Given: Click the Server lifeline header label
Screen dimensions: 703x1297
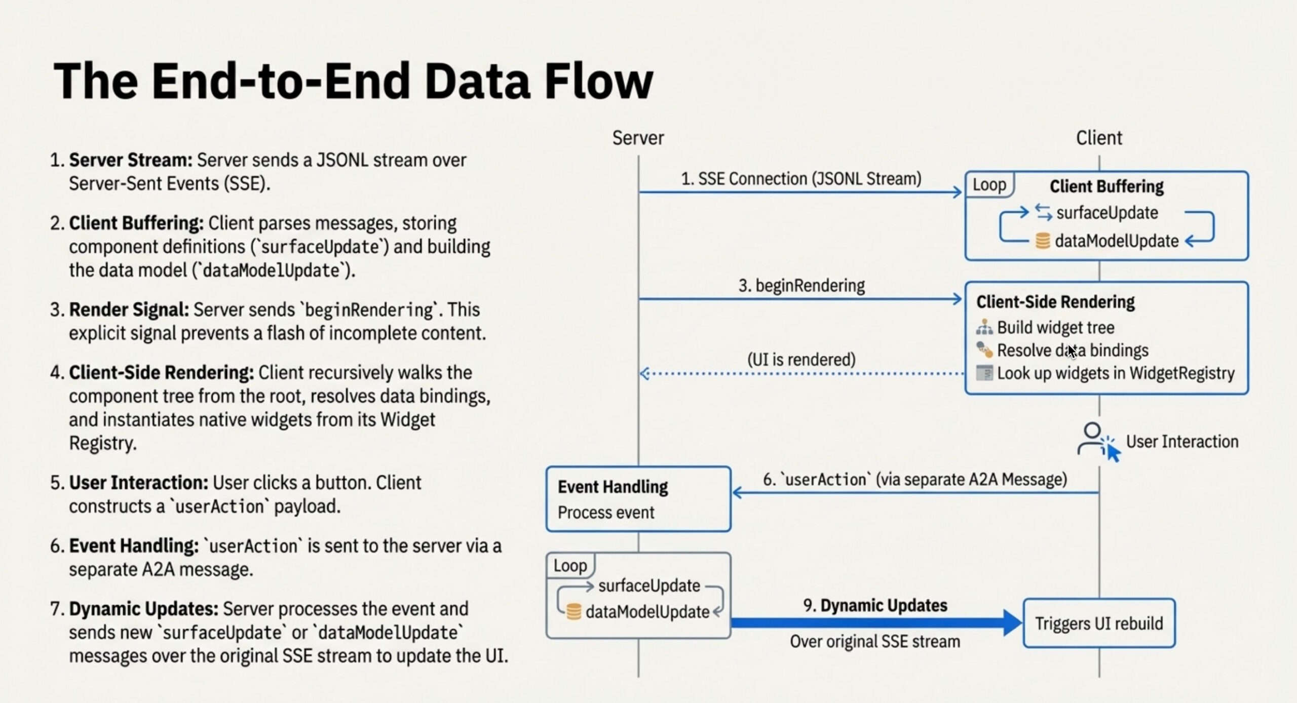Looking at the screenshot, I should point(638,138).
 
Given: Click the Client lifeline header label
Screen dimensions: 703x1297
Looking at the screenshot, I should point(1099,138).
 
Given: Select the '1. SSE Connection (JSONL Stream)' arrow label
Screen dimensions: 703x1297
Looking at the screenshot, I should point(800,179).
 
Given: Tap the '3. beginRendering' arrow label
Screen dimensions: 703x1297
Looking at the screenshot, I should point(802,286).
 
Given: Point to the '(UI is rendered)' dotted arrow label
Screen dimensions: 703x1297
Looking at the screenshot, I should point(802,360).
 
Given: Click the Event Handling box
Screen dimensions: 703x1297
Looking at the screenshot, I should point(638,499).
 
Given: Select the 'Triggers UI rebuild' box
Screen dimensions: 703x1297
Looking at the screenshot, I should point(1098,623).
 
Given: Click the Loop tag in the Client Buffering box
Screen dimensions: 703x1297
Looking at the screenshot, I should point(989,185).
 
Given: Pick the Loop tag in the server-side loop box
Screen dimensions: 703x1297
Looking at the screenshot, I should point(570,565).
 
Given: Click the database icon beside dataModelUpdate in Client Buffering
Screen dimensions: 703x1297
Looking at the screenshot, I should point(1042,241).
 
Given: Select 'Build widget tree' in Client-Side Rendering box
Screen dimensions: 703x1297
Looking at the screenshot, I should point(1055,328).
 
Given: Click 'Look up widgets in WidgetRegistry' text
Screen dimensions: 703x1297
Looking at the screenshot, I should point(1115,373).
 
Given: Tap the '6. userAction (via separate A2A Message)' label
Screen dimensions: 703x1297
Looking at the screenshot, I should point(914,479).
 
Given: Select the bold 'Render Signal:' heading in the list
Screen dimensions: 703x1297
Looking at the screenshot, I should point(129,309).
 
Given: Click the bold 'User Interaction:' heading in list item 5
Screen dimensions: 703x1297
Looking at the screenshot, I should point(138,483).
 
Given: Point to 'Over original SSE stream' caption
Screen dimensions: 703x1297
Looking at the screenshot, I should point(874,642).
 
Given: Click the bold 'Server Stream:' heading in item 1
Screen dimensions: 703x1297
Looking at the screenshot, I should point(130,160).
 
